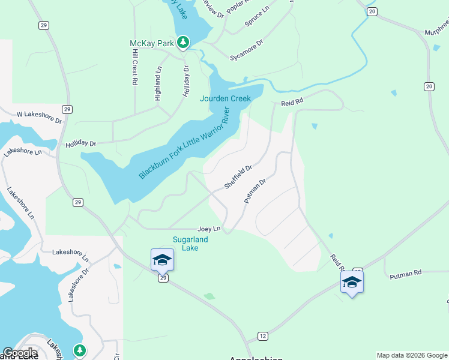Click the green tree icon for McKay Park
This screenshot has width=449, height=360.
coord(183,43)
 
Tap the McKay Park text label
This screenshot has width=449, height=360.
coord(152,43)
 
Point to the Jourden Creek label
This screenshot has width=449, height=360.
coord(225,98)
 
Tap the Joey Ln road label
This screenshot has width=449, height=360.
coord(209,229)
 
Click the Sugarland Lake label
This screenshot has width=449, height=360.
coord(190,244)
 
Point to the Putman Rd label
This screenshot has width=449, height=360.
coord(406,274)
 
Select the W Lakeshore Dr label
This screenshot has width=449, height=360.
coord(39,116)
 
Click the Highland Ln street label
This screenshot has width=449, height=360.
coord(158,83)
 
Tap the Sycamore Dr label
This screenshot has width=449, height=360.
coord(247,50)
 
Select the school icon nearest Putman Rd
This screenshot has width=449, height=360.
coord(352,282)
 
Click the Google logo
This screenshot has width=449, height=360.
coord(20,353)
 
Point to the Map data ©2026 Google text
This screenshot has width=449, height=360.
coord(412,355)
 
